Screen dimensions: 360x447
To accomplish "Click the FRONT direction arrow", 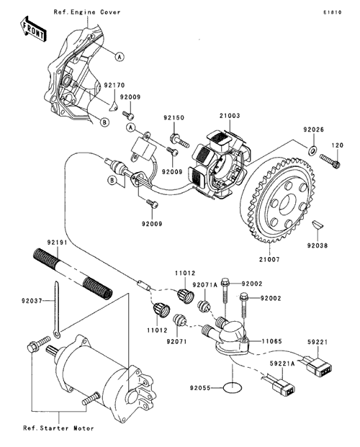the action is pos(32,30).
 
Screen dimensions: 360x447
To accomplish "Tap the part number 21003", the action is pos(230,116).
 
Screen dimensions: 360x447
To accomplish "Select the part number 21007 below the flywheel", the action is pos(269,259).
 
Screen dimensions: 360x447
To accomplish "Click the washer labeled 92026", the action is pos(312,149).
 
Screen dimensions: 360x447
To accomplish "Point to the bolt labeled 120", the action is pos(330,161).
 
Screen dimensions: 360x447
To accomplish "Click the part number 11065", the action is pos(271,341).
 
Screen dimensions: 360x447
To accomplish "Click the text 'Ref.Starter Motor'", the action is pos(58,428).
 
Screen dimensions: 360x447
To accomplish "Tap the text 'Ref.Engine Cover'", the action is pos(87,12).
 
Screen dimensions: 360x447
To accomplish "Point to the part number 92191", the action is pos(57,243).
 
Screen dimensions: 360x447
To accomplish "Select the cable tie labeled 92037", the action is pos(57,310).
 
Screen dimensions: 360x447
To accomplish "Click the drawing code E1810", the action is pos(333,12).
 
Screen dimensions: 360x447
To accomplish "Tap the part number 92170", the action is pos(114,85).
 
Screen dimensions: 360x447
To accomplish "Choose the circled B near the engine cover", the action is pos(104,122).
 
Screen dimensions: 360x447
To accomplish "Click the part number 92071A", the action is pos(204,285).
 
